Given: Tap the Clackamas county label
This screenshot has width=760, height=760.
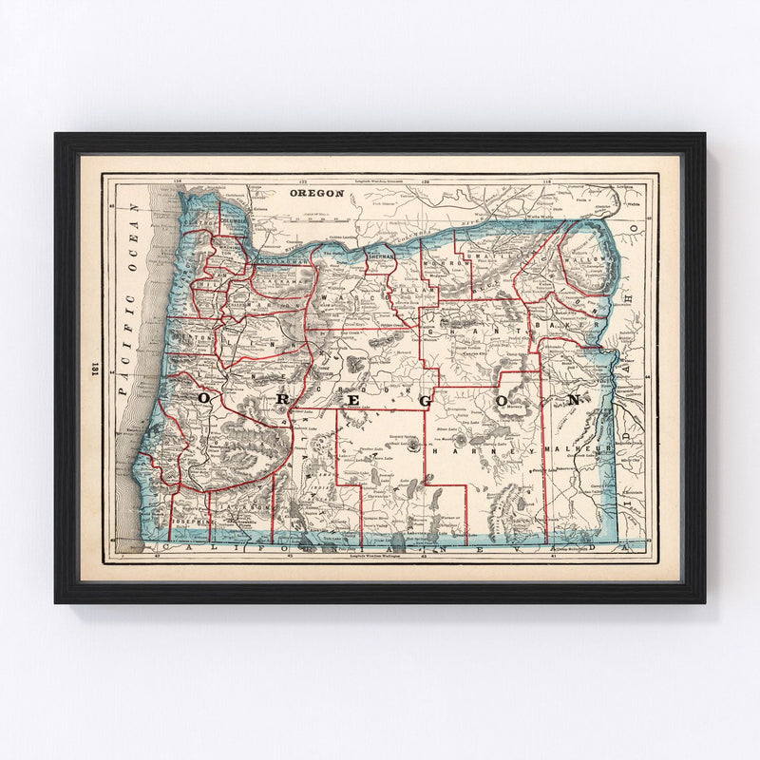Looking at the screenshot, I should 281,282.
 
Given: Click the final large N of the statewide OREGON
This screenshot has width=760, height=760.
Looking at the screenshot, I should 572,401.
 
